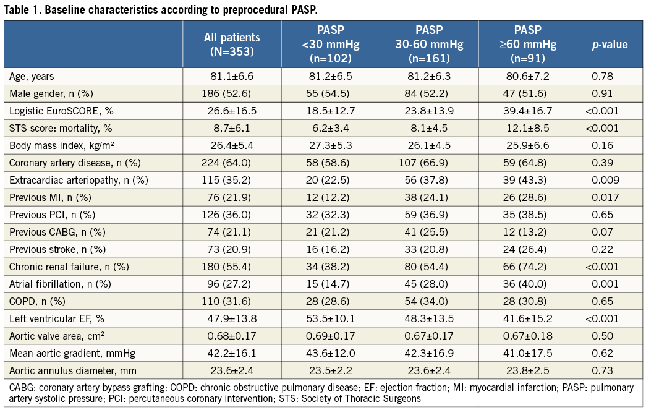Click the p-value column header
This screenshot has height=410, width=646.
tap(610, 45)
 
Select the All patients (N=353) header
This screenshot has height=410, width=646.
tap(232, 45)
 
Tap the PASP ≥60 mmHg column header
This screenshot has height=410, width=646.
tap(527, 45)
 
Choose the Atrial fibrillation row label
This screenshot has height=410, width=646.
tap(51, 284)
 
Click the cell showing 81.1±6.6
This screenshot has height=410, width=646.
tap(232, 76)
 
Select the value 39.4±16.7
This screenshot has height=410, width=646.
tap(527, 110)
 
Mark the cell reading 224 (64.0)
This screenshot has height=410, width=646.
tap(232, 163)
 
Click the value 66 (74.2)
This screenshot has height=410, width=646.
tap(527, 267)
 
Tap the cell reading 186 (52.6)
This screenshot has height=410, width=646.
tap(232, 93)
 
